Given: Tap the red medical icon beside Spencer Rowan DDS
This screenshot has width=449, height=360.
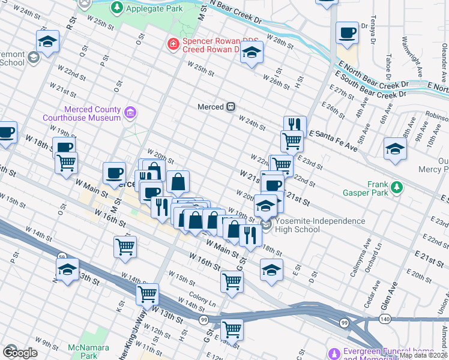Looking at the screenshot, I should pos(173,44).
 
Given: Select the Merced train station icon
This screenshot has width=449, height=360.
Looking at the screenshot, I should pos(230,107).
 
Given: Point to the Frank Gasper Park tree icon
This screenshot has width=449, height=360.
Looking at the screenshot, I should pos(397,188).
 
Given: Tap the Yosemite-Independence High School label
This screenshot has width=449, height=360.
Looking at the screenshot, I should pos(320,225).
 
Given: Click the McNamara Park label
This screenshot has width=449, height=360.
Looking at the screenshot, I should pos(80,352).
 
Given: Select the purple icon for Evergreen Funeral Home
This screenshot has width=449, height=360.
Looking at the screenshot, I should pos(335,352).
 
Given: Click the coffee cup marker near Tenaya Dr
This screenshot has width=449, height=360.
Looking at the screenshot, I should pos(347,33).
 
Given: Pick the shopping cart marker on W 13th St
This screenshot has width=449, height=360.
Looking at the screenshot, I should pos(147,294).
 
